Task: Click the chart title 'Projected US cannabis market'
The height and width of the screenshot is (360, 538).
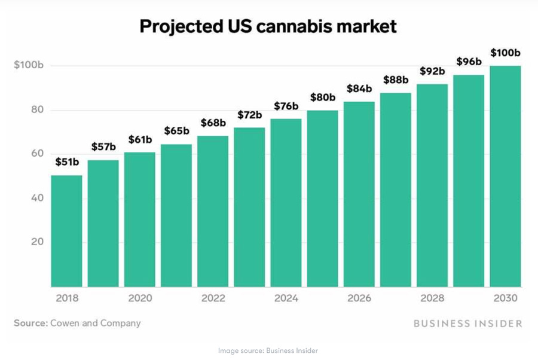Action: coord(268,27)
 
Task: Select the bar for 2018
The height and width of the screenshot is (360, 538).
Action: coord(66,231)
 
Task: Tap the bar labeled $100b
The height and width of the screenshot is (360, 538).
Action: coord(505,176)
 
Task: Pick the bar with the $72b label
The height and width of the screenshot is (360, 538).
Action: coord(249,207)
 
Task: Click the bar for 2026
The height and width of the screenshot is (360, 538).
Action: coord(359,194)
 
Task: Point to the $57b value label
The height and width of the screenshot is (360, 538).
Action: coord(103,147)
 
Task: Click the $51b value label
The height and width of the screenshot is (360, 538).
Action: coord(67,161)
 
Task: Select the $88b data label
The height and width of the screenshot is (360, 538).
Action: coord(396,80)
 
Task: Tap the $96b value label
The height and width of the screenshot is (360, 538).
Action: coord(469,61)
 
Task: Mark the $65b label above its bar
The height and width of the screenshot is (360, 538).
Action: coord(176,130)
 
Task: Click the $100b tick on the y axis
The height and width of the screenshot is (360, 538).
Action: coord(29,65)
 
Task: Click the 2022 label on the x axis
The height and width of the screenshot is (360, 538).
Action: coord(213,298)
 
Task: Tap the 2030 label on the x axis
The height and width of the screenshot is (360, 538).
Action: coord(505,298)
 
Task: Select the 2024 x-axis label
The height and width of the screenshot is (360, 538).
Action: coord(286,298)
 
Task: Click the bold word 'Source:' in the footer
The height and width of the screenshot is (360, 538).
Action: coord(30,323)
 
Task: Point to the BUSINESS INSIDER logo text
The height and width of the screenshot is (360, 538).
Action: coord(468,324)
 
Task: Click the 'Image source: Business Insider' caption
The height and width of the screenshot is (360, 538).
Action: coord(268,350)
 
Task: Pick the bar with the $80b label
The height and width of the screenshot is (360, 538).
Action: coord(323,199)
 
